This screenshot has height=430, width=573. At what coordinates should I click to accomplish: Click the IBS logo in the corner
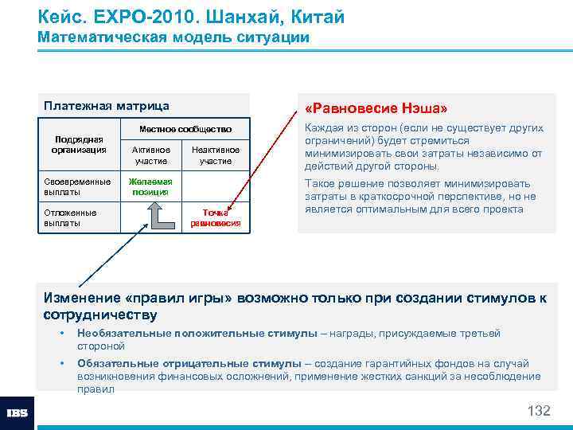click(17, 413)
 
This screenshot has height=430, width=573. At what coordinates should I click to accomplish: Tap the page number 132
click(539, 411)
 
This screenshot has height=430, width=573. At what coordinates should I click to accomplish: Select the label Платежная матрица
click(107, 106)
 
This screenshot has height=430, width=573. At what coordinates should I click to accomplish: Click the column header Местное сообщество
click(185, 129)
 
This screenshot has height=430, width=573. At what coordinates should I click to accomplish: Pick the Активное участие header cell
click(150, 155)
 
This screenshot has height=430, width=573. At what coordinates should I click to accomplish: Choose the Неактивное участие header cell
click(215, 155)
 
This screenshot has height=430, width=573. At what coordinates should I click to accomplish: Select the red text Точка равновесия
click(215, 218)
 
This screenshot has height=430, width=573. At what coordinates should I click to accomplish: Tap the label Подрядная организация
click(78, 144)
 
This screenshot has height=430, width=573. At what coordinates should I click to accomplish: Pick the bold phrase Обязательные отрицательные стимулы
click(189, 364)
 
